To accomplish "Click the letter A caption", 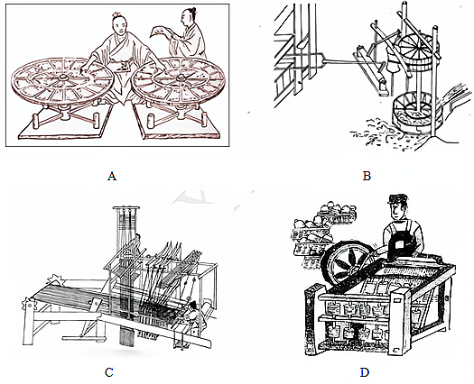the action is (112, 176).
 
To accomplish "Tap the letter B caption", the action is (367, 176).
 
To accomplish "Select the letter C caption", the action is (109, 372).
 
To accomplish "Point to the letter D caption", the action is (365, 372).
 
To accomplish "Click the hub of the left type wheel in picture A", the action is (63, 77).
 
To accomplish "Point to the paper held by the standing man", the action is (160, 32).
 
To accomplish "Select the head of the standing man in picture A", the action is (188, 17).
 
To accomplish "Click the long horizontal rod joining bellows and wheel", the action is (340, 62).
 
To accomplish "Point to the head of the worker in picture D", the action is (398, 207).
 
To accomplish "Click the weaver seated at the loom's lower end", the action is (191, 314).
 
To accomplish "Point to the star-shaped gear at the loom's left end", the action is (57, 279).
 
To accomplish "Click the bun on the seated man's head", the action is (116, 14).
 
